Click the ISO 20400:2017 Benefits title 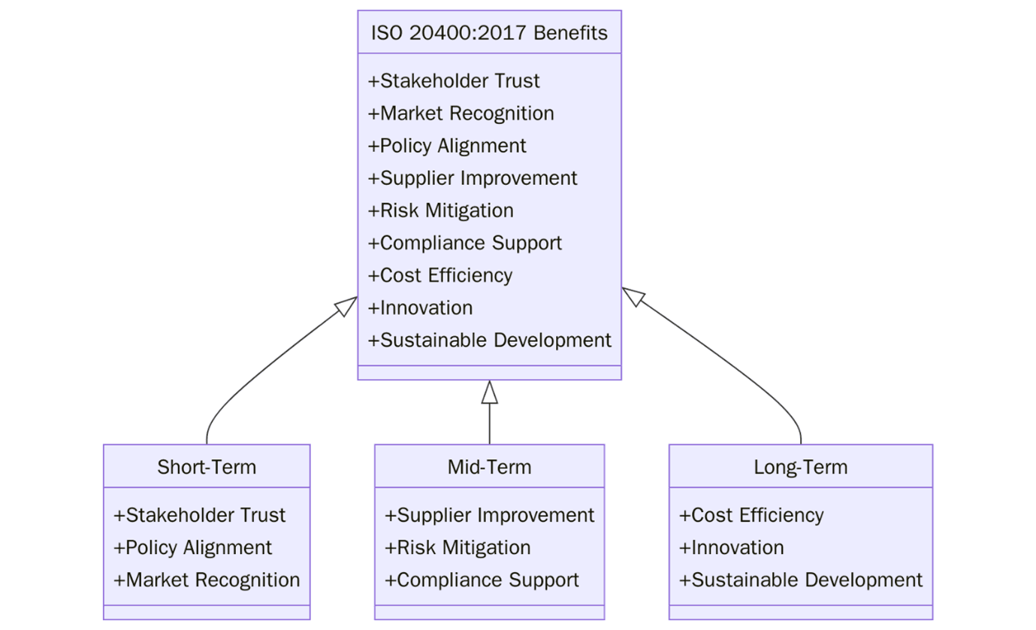489,33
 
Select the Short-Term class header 207,467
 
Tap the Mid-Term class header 489,467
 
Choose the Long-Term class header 800,467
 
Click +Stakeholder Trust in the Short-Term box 199,515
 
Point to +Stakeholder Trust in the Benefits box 453,80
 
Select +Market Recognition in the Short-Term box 207,580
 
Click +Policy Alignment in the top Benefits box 447,145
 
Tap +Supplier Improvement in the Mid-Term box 489,515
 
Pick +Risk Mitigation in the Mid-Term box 458,547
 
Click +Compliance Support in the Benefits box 464,243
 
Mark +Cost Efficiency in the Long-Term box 751,515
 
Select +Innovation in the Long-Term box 731,547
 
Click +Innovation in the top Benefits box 420,307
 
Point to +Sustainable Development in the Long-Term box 800,580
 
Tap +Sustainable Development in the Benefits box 489,340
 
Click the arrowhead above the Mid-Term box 490,392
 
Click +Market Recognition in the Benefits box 461,113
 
